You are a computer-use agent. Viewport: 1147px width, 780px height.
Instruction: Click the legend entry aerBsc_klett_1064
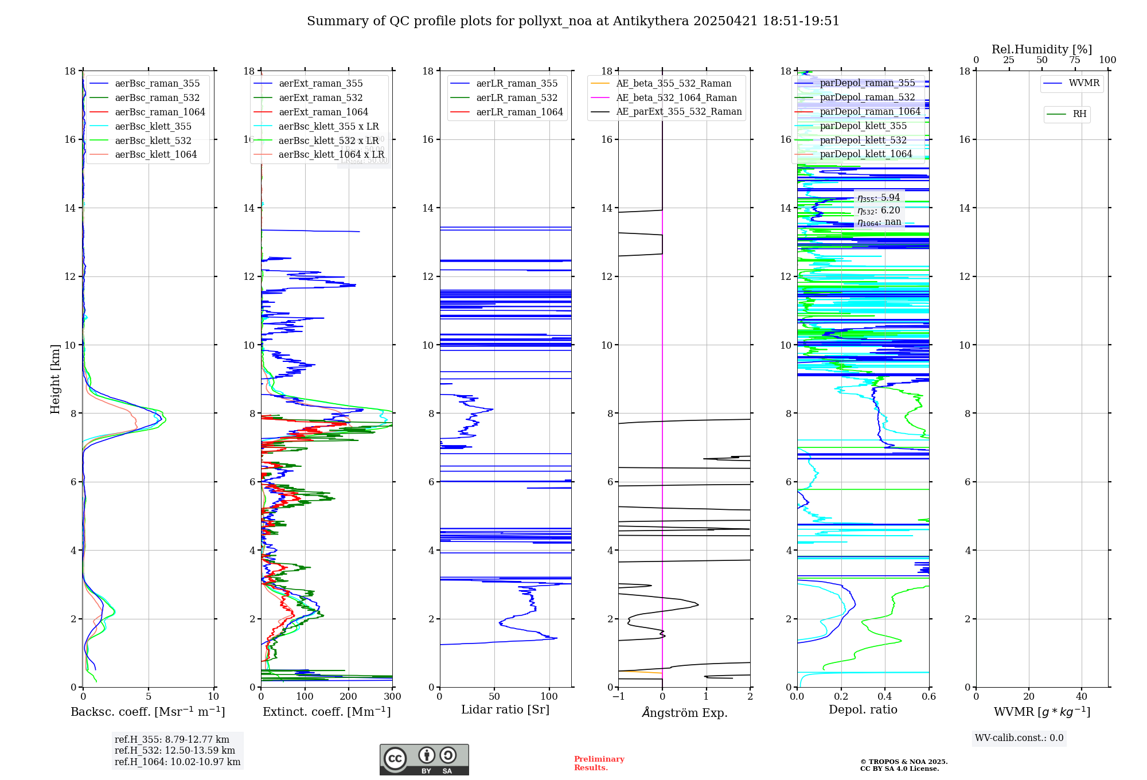(155, 155)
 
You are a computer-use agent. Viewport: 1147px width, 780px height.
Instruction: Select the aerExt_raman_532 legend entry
(321, 98)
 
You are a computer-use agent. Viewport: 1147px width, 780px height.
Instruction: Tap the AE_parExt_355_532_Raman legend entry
(678, 112)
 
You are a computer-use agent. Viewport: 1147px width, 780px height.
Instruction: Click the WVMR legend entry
(1084, 83)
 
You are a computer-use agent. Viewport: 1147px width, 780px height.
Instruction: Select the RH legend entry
(1079, 114)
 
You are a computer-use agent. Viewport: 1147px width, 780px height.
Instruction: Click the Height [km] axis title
(55, 379)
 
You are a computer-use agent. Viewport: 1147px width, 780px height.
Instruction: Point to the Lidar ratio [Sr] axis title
(505, 710)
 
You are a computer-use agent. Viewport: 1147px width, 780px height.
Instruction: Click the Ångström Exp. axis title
(685, 713)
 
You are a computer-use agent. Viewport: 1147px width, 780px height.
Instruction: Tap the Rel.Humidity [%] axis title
(1041, 49)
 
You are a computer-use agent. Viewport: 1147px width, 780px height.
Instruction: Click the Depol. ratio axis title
(863, 710)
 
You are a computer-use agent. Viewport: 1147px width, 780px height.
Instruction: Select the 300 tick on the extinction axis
(393, 697)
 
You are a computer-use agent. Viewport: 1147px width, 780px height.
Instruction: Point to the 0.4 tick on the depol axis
(885, 697)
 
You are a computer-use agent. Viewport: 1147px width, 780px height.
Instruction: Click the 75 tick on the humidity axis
(1075, 60)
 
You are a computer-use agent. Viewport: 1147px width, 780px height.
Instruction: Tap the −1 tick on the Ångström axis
(618, 697)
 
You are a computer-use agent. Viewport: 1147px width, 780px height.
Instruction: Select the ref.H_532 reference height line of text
(175, 751)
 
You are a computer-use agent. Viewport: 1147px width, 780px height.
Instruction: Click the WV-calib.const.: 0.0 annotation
(1019, 738)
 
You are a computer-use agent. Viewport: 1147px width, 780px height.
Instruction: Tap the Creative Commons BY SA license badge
(424, 760)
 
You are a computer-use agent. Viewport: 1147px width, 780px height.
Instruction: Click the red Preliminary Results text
(599, 763)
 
